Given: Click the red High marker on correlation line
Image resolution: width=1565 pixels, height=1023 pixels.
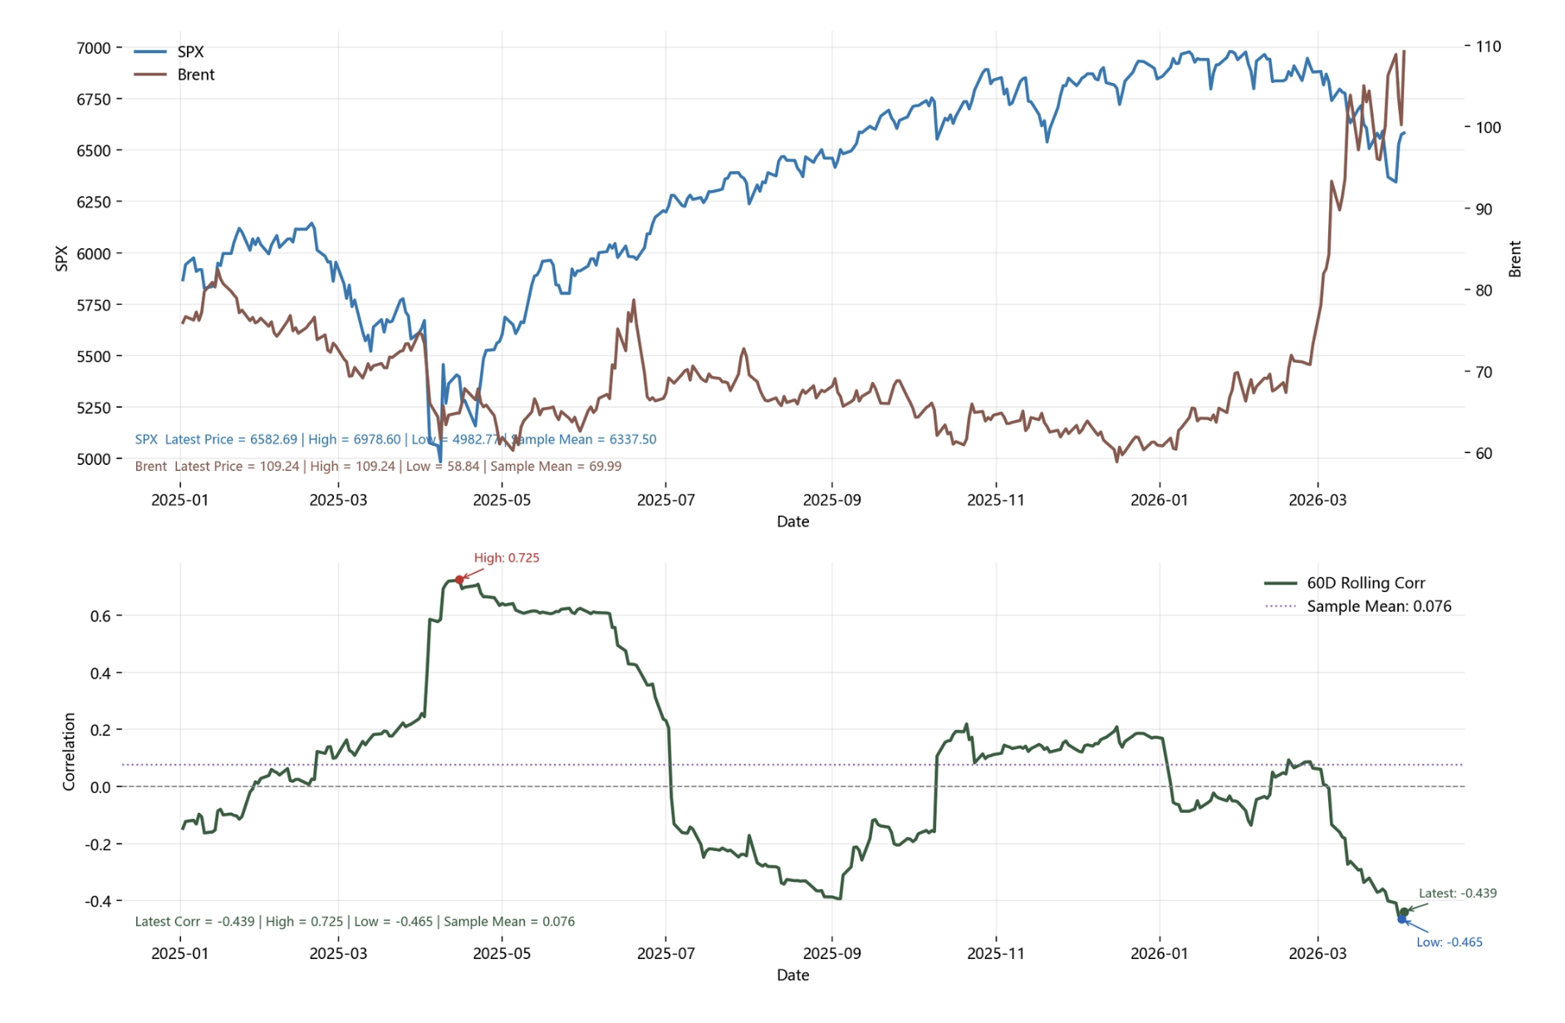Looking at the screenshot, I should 459,580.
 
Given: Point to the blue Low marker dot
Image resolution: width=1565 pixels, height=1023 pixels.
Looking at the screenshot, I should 1401,919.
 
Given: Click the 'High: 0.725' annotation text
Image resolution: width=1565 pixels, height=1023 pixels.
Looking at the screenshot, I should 506,558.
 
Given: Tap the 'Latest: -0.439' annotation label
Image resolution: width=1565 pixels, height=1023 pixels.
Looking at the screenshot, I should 1457,893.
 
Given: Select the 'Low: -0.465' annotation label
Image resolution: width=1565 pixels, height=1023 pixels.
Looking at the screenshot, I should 1449,942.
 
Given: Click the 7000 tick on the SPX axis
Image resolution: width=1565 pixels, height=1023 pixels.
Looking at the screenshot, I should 93,48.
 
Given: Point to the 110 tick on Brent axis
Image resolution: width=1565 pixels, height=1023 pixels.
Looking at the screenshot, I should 1488,46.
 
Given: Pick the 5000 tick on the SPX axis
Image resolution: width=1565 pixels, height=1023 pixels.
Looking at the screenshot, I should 93,459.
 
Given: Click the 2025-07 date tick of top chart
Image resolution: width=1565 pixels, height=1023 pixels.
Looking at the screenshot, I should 665,500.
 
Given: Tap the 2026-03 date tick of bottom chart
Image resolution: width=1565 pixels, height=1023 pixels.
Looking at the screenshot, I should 1317,953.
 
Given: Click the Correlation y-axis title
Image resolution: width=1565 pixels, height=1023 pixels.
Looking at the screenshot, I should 69,751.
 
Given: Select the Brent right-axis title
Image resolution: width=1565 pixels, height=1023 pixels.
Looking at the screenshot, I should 1514,259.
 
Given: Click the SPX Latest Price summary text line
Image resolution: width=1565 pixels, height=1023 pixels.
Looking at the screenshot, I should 395,439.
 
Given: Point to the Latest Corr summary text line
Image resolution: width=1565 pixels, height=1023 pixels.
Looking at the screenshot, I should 355,922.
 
